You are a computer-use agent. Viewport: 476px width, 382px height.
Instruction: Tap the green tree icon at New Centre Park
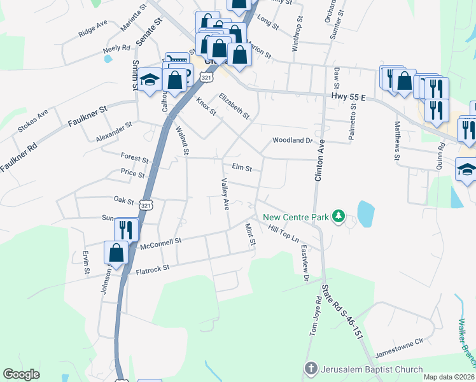pyautogui.click(x=339, y=217)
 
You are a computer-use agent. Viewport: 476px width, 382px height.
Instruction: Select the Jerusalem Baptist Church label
pyautogui.click(x=372, y=369)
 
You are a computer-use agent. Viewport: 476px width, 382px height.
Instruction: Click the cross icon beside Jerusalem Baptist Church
pyautogui.click(x=311, y=369)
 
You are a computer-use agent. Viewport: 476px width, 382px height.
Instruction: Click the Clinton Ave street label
pyautogui.click(x=319, y=159)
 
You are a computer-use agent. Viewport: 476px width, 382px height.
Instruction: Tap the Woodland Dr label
pyautogui.click(x=293, y=140)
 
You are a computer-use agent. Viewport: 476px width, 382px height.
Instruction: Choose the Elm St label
pyautogui.click(x=242, y=169)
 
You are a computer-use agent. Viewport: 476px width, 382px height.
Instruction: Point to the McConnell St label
pyautogui.click(x=161, y=241)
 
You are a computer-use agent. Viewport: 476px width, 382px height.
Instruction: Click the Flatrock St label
pyautogui.click(x=153, y=271)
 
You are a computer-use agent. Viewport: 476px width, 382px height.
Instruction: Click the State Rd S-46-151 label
pyautogui.click(x=342, y=313)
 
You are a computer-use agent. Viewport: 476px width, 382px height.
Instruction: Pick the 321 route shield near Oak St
pyautogui.click(x=146, y=205)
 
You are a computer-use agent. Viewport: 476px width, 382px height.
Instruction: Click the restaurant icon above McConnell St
pyautogui.click(x=127, y=229)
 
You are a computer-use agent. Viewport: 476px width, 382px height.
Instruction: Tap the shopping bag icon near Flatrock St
pyautogui.click(x=116, y=253)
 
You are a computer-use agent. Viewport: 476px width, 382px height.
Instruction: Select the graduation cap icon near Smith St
pyautogui.click(x=150, y=80)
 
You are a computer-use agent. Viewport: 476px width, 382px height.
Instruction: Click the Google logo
pyautogui.click(x=22, y=374)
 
